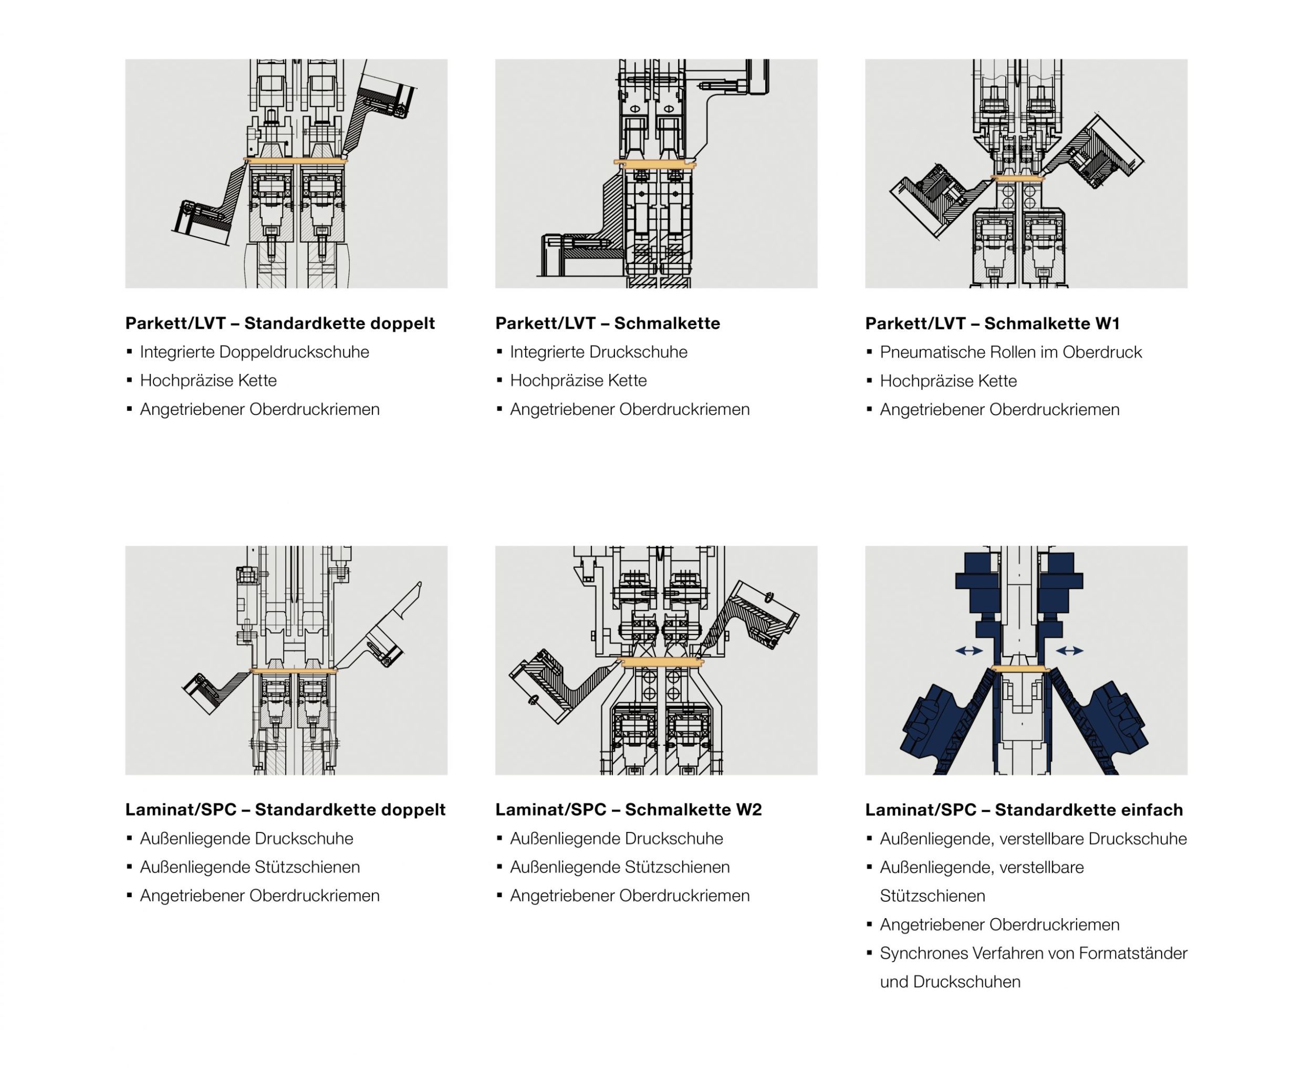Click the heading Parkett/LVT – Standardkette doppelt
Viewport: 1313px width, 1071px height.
point(280,323)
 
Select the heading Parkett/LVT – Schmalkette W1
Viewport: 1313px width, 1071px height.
point(992,323)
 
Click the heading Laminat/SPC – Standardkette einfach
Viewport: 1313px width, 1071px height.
point(1024,809)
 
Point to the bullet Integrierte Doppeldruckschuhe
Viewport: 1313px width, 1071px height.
point(254,352)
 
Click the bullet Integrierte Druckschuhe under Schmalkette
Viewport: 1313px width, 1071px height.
point(598,352)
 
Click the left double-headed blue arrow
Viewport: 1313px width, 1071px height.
point(969,651)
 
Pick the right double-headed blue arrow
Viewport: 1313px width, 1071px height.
point(1069,651)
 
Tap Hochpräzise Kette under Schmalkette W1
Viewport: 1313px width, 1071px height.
point(948,381)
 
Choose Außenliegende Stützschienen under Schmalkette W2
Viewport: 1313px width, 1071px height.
point(619,867)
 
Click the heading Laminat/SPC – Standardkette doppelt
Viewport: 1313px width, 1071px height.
point(285,809)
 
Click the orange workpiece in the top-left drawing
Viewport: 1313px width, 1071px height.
point(296,160)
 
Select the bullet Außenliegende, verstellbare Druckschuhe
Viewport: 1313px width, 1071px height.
point(1033,838)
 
